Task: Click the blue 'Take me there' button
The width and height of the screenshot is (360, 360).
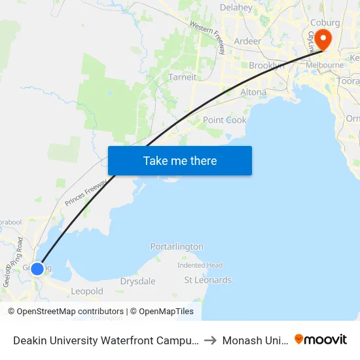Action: pyautogui.click(x=180, y=160)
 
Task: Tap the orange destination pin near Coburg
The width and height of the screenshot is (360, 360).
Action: pyautogui.click(x=323, y=39)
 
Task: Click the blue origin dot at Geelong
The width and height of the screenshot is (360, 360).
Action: pyautogui.click(x=37, y=268)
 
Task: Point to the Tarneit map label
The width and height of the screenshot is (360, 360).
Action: pyautogui.click(x=182, y=77)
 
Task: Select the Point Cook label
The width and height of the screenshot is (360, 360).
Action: pyautogui.click(x=225, y=120)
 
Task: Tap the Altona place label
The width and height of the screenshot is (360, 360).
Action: pyautogui.click(x=253, y=92)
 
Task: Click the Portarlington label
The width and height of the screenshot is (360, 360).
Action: pyautogui.click(x=177, y=247)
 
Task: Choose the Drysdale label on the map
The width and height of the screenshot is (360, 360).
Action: pyautogui.click(x=137, y=281)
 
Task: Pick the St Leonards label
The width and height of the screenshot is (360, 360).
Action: pyautogui.click(x=207, y=280)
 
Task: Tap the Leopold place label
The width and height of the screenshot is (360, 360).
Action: pyautogui.click(x=87, y=291)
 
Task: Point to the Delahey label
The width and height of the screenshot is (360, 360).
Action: pyautogui.click(x=236, y=8)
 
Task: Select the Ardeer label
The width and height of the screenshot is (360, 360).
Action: pyautogui.click(x=247, y=41)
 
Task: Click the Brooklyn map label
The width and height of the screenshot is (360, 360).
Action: pyautogui.click(x=266, y=65)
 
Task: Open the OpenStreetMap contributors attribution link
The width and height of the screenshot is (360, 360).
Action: pyautogui.click(x=70, y=312)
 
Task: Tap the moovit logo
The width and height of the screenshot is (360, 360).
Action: pyautogui.click(x=321, y=340)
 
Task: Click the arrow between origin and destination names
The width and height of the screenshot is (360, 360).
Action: pyautogui.click(x=211, y=340)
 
